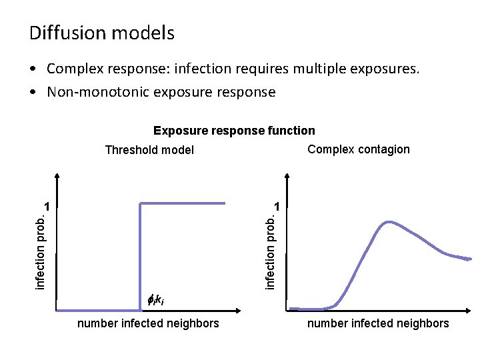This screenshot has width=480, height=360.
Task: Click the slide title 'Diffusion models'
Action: point(102,33)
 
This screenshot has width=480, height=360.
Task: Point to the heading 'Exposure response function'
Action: point(234,131)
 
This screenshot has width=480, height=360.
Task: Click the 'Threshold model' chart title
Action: point(149,150)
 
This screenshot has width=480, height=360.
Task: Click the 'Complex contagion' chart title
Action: point(359,149)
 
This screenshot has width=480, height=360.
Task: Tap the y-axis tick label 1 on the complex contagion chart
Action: point(279,205)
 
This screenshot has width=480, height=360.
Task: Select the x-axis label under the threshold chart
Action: point(148,323)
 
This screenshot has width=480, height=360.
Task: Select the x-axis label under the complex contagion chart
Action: point(378,323)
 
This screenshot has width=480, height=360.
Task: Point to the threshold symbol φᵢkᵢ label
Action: point(155,301)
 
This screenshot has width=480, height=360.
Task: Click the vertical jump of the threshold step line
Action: point(139,257)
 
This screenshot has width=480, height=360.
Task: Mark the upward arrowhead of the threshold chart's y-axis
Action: point(57,178)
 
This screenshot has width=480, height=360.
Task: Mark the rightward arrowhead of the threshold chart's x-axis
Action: point(237,310)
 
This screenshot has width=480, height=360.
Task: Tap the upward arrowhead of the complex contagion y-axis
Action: point(287,178)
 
